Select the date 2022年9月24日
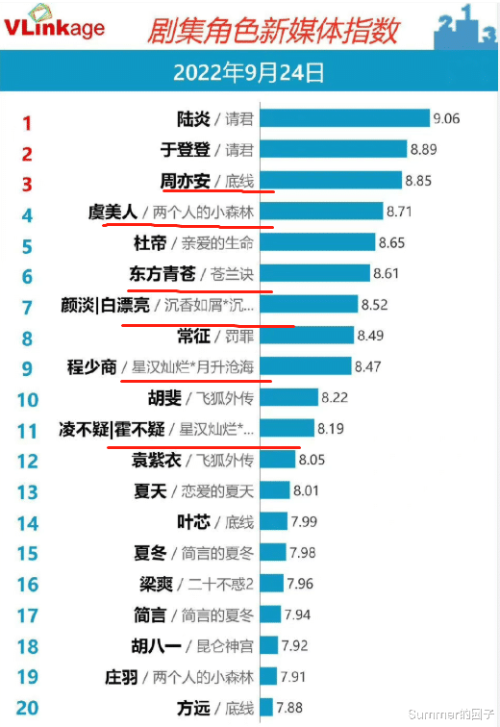tap(248, 72)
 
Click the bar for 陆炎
tap(344, 118)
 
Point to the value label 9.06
tap(447, 118)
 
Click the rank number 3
tap(27, 185)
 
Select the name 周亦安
tap(186, 180)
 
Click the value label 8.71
tap(399, 211)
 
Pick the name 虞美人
tap(113, 212)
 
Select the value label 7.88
tap(289, 708)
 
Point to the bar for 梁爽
tap(271, 583)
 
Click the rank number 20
tap(27, 709)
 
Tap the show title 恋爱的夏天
tap(217, 490)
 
